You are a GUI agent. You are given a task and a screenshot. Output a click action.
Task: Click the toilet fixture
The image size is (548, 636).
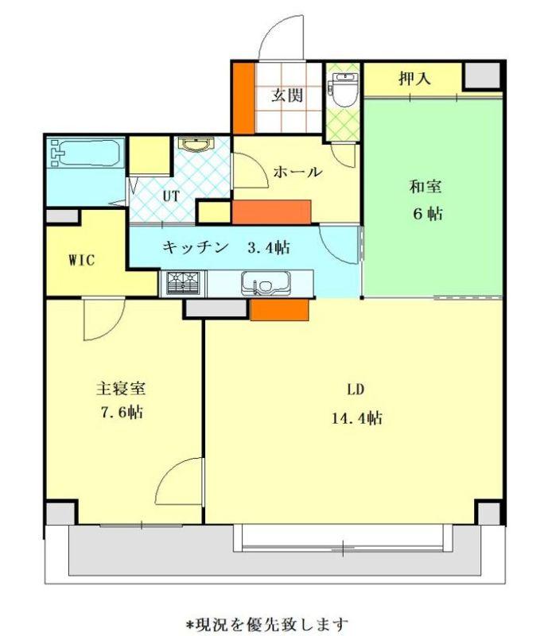click(x=344, y=89)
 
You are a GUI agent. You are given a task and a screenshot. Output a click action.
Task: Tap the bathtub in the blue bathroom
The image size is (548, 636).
click(x=85, y=153)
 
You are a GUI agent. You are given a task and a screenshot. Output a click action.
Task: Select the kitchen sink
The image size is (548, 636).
click(x=266, y=283)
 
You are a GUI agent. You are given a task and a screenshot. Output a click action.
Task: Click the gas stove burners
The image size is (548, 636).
click(x=184, y=283)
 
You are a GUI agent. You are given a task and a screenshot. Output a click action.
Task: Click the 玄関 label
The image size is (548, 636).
click(x=287, y=95)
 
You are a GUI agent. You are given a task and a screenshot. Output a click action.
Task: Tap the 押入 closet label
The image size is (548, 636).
click(x=414, y=78)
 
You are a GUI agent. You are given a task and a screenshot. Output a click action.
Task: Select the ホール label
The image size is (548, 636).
click(x=297, y=173)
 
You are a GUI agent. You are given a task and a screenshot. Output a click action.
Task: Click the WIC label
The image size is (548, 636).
click(x=82, y=260)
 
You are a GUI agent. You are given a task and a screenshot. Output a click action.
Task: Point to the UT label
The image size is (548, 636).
click(x=171, y=196)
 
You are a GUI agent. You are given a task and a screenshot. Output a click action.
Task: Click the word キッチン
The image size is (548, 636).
click(x=195, y=246)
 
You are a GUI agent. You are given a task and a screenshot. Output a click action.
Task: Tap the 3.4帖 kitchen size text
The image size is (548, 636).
click(x=269, y=247)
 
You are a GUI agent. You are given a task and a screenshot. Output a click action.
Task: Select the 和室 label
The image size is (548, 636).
click(x=426, y=187)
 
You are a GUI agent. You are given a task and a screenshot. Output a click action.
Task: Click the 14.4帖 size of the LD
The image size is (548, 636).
click(x=357, y=417)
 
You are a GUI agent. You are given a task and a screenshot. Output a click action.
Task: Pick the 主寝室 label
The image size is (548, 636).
click(x=121, y=389)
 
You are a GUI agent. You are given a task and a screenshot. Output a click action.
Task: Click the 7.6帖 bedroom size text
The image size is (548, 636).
click(x=122, y=413)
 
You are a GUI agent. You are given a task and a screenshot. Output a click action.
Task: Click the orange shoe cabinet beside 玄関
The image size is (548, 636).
click(x=243, y=97)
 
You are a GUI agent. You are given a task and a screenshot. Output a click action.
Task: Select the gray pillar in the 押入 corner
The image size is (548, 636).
click(x=482, y=75)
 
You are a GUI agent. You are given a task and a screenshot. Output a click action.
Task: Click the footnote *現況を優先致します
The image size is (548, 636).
click(x=267, y=623)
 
